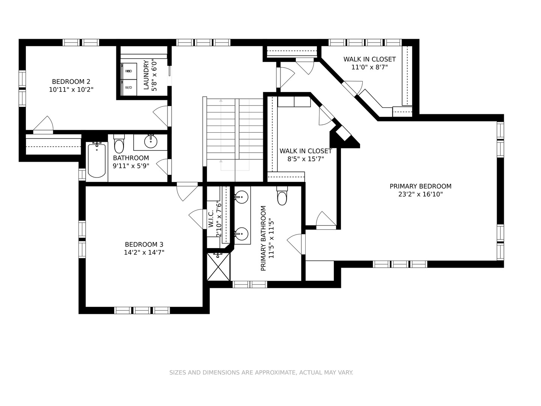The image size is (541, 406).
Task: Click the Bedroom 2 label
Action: click(71, 82)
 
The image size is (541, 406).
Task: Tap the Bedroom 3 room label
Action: click(144, 244)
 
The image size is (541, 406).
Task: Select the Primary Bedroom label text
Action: click(420, 186)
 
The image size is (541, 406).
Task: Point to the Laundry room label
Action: click(146, 75)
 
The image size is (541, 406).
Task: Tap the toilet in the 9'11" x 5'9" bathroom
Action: click(119, 144)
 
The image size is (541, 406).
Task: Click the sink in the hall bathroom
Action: click(151, 141)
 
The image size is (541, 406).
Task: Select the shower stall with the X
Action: click(219, 267)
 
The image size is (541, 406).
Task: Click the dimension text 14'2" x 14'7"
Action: click(144, 252)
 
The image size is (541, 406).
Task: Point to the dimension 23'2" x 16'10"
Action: click(420, 194)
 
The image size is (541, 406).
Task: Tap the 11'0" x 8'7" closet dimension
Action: click(369, 67)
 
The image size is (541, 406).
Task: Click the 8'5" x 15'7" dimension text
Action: click(306, 159)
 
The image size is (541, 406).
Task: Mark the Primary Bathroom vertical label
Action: click(263, 238)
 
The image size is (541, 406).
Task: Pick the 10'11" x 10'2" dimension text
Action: click(71, 89)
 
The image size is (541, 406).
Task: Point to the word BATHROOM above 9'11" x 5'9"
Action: click(131, 158)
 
